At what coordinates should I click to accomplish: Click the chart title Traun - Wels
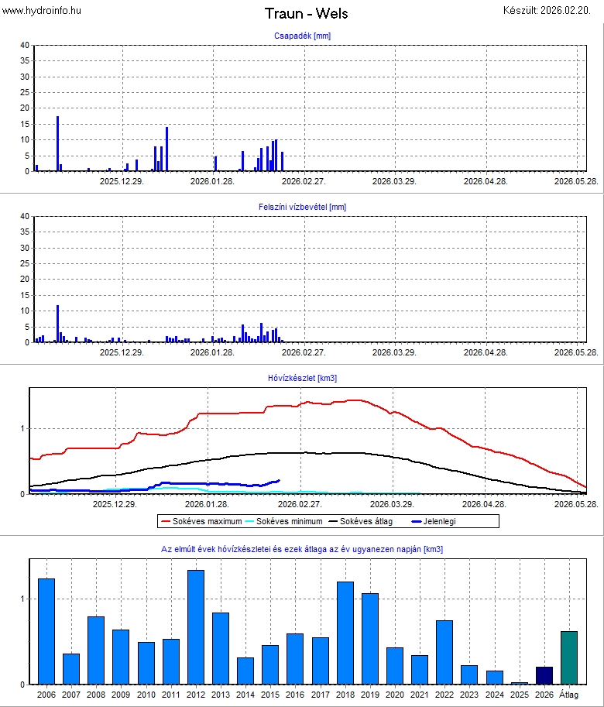coord(306,13)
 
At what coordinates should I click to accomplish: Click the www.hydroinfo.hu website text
coord(42,10)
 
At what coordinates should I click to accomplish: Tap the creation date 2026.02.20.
coord(553,10)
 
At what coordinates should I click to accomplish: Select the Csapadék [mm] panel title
coord(302,36)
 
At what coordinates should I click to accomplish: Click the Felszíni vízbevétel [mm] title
coord(302,207)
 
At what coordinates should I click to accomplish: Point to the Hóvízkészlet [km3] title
coord(302,378)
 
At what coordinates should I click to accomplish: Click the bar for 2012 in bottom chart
coord(196,627)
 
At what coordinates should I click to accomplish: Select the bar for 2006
coord(46,631)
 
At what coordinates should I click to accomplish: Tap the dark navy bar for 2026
coord(544,675)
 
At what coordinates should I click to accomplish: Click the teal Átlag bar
coord(569,657)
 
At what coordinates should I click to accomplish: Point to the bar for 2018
coord(345,633)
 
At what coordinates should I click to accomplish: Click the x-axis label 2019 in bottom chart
coord(370,694)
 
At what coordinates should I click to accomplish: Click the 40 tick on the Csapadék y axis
coord(24,46)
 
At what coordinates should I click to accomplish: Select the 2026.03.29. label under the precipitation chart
coord(394,181)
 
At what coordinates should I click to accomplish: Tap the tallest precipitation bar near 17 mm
coord(57,143)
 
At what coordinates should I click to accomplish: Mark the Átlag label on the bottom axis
coord(569,694)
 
